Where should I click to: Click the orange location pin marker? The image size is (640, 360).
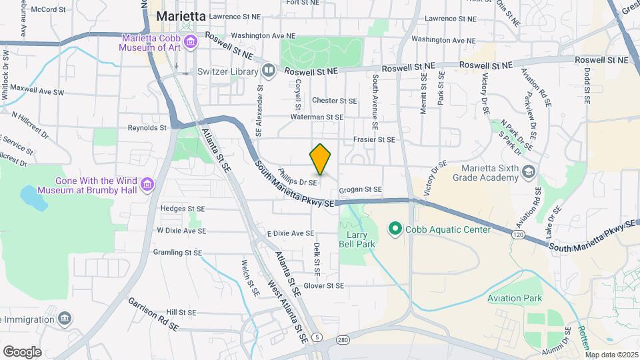pos(321,159)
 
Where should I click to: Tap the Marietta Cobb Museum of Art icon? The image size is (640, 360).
pos(191,43)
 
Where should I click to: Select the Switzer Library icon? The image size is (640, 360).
pos(268,69)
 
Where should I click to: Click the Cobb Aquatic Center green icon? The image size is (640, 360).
pos(395,229)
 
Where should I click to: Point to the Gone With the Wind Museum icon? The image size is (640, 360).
pos(148,182)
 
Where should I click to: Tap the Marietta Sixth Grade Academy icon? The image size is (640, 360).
pos(529,172)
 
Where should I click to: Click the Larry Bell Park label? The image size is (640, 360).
pos(361,239)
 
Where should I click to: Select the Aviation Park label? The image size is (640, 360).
pos(514,298)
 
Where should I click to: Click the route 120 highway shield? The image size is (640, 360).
pos(518,235)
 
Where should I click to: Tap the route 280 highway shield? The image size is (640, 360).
pos(343,340)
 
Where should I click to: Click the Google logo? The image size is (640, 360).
pos(22,351)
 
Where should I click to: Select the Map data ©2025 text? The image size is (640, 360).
pos(611,355)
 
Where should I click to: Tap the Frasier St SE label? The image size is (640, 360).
pos(375,139)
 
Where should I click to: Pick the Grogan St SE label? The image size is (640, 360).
pos(360,189)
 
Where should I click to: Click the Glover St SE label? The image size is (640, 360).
pos(323,285)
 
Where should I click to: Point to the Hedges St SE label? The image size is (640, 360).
pos(182,207)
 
